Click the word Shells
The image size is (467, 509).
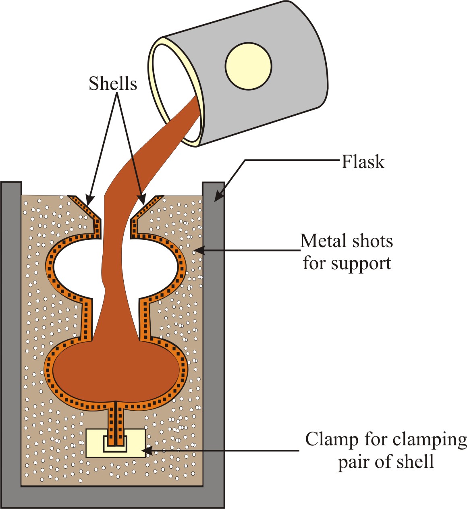113,84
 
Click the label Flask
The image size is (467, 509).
363,162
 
